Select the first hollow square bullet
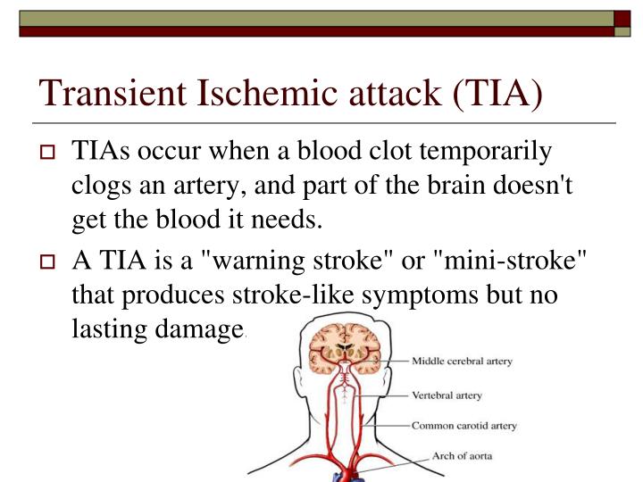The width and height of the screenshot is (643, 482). [x=49, y=153]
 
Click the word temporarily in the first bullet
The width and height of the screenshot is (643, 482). [x=483, y=152]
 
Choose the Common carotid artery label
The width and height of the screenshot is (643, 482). [x=463, y=426]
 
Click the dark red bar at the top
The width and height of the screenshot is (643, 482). [x=321, y=30]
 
